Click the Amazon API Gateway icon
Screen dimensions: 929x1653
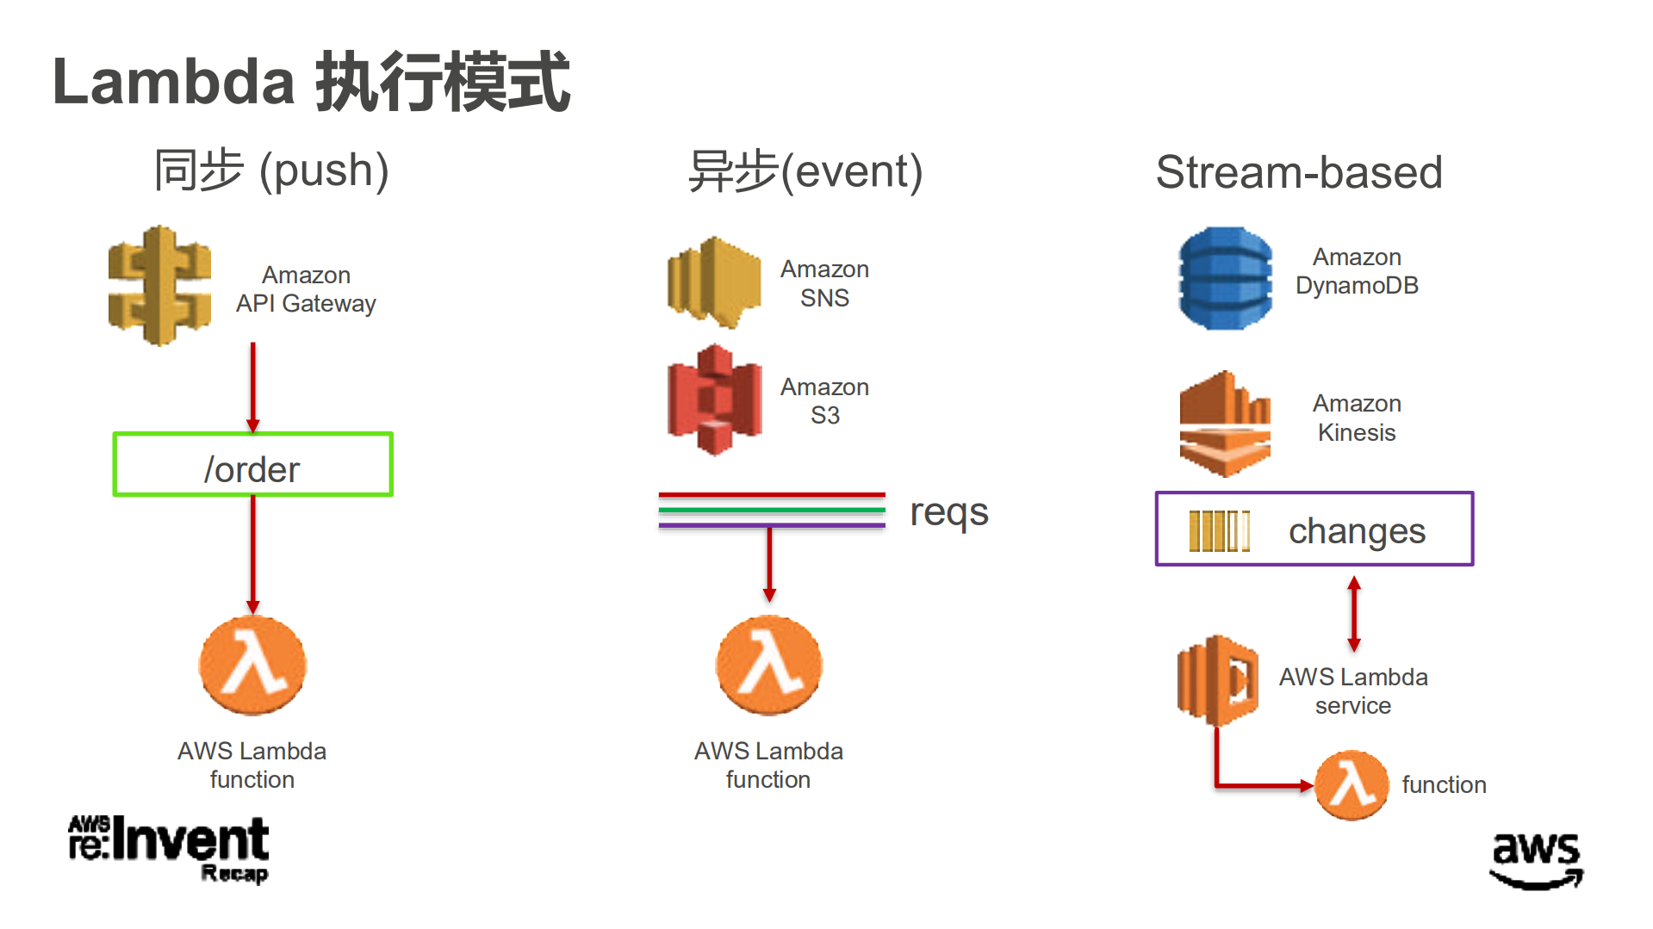point(159,286)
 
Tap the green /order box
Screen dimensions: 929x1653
point(252,465)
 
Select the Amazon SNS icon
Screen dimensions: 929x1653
point(713,282)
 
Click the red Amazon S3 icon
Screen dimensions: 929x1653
point(714,399)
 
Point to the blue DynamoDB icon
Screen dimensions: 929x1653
point(1225,278)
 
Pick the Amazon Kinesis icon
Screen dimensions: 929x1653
point(1224,424)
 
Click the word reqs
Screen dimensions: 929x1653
point(948,511)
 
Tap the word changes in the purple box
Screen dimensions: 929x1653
point(1356,530)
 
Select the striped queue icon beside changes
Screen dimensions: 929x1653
point(1218,530)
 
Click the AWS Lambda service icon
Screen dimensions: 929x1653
point(1217,680)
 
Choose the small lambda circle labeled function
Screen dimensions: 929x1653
point(1351,784)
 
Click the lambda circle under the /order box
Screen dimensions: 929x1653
point(252,665)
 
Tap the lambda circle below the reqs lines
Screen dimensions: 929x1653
point(768,665)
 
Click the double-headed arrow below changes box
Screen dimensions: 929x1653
point(1353,614)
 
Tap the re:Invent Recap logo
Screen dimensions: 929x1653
point(169,848)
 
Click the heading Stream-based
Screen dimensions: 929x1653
point(1298,171)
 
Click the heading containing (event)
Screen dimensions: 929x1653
point(805,170)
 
